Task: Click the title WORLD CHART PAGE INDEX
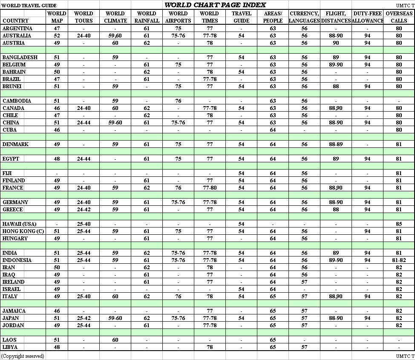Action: coord(215,5)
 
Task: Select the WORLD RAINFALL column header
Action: coord(147,17)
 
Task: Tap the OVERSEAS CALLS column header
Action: coord(399,17)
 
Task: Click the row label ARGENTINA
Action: coord(17,29)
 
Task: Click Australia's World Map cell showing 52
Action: coord(57,36)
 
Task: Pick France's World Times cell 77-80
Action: coord(210,188)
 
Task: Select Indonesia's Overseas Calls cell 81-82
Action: coord(399,260)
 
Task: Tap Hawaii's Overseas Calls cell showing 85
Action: coord(399,224)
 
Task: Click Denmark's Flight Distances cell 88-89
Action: coord(336,144)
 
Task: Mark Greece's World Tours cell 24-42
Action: coord(84,210)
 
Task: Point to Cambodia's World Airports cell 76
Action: coord(178,101)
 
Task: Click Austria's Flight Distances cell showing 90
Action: coord(336,43)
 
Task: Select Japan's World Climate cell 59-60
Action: coord(115,318)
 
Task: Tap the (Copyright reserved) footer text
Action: coord(23,356)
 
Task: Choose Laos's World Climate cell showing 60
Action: coord(115,340)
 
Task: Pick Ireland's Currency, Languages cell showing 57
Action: coord(304,282)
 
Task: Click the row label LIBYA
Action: coord(10,347)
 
